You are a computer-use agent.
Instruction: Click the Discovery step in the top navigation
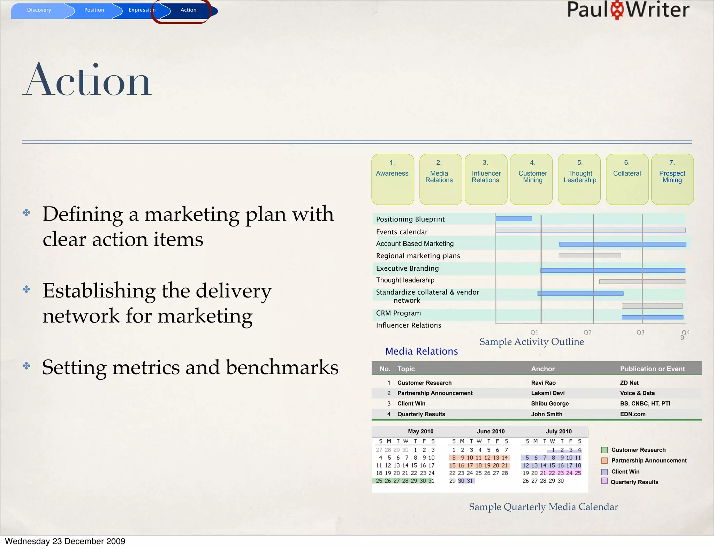point(39,10)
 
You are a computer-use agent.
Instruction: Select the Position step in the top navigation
point(94,10)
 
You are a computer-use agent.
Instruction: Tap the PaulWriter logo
point(628,10)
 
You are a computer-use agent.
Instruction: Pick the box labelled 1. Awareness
point(393,179)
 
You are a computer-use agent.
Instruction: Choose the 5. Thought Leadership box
point(579,179)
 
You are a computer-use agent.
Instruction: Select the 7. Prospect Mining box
point(672,179)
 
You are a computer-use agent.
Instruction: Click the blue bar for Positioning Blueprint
point(514,219)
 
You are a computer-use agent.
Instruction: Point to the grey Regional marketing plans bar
point(590,256)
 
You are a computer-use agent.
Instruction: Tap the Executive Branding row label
point(407,268)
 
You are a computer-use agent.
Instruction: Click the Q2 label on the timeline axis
point(587,332)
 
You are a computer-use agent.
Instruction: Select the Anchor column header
point(543,369)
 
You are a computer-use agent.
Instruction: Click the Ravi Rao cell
point(543,382)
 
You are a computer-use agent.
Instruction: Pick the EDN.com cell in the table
point(632,414)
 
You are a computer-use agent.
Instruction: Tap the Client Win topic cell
point(411,403)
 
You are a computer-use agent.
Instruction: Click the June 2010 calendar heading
point(491,431)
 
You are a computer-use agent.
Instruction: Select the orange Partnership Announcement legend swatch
point(605,461)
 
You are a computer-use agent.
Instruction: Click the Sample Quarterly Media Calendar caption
point(543,507)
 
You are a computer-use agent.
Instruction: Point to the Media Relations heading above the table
point(421,351)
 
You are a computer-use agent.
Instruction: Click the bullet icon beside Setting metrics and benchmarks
point(26,366)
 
